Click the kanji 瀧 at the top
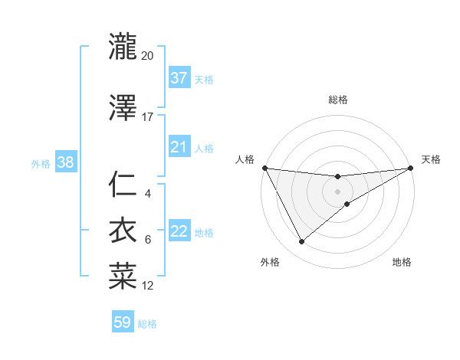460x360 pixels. (123, 47)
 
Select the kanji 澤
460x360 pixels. (123, 108)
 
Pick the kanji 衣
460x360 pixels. (123, 231)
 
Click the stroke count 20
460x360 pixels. (147, 56)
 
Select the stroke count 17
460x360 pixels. (147, 117)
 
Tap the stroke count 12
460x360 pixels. (147, 286)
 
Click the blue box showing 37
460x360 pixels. (179, 78)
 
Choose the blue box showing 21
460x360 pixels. (179, 147)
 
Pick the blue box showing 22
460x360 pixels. (179, 231)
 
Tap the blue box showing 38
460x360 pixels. (65, 162)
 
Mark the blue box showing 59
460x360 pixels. (123, 322)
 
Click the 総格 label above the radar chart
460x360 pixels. (338, 100)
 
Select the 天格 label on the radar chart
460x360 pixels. (431, 159)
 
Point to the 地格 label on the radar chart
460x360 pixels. (402, 262)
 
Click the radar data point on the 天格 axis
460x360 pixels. (411, 168)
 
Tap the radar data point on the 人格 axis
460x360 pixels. (264, 168)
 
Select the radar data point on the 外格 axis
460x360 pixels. (301, 242)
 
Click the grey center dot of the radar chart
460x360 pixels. (338, 191)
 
